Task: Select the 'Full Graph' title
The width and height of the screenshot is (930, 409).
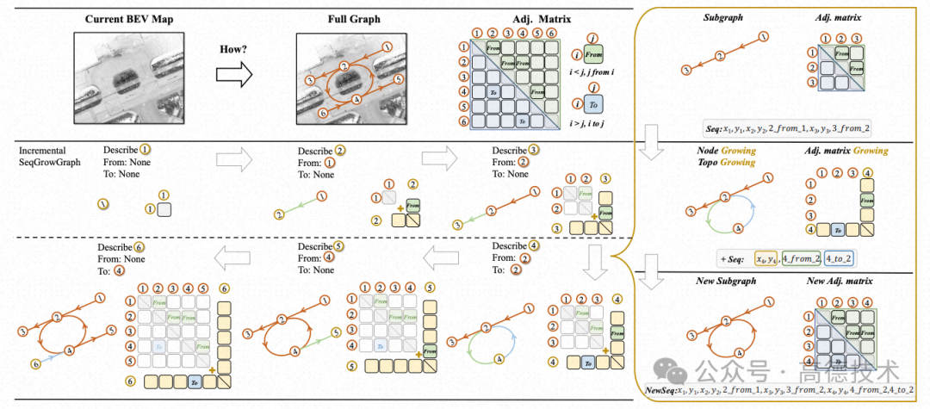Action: [x=349, y=18]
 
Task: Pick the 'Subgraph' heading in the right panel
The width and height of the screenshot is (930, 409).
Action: [x=722, y=16]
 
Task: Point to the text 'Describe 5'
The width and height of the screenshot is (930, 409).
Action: [x=321, y=247]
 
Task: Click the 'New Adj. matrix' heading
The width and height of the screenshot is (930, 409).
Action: [x=839, y=282]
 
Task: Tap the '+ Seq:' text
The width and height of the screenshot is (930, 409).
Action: [x=735, y=257]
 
